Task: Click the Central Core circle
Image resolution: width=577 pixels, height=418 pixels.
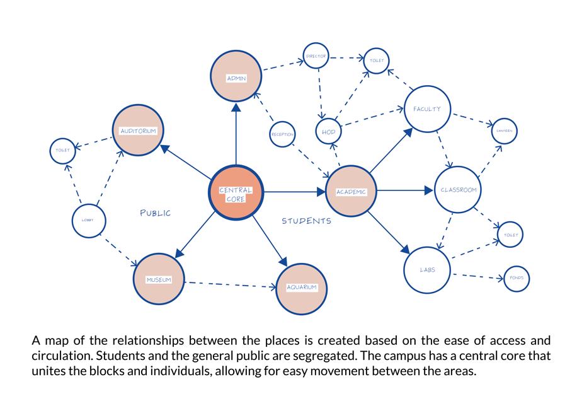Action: tap(236, 193)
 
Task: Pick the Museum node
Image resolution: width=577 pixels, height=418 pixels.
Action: tap(159, 279)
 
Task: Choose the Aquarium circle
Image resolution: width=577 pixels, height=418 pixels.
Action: tap(302, 287)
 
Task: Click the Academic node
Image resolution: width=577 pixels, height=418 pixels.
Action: tap(351, 190)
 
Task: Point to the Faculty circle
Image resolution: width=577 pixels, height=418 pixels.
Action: tap(427, 110)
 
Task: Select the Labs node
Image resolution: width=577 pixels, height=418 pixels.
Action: tap(427, 270)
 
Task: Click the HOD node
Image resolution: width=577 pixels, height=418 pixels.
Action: tap(328, 132)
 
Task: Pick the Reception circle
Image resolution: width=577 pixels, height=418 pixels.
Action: tap(282, 134)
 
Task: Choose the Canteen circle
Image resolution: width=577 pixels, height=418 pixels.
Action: tap(505, 131)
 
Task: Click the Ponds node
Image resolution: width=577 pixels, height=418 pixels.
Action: tap(517, 278)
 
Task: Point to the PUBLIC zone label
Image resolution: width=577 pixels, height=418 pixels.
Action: tap(155, 213)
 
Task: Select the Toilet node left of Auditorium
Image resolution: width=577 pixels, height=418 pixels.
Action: tap(63, 150)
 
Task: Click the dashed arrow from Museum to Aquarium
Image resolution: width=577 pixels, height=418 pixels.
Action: tap(230, 284)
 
